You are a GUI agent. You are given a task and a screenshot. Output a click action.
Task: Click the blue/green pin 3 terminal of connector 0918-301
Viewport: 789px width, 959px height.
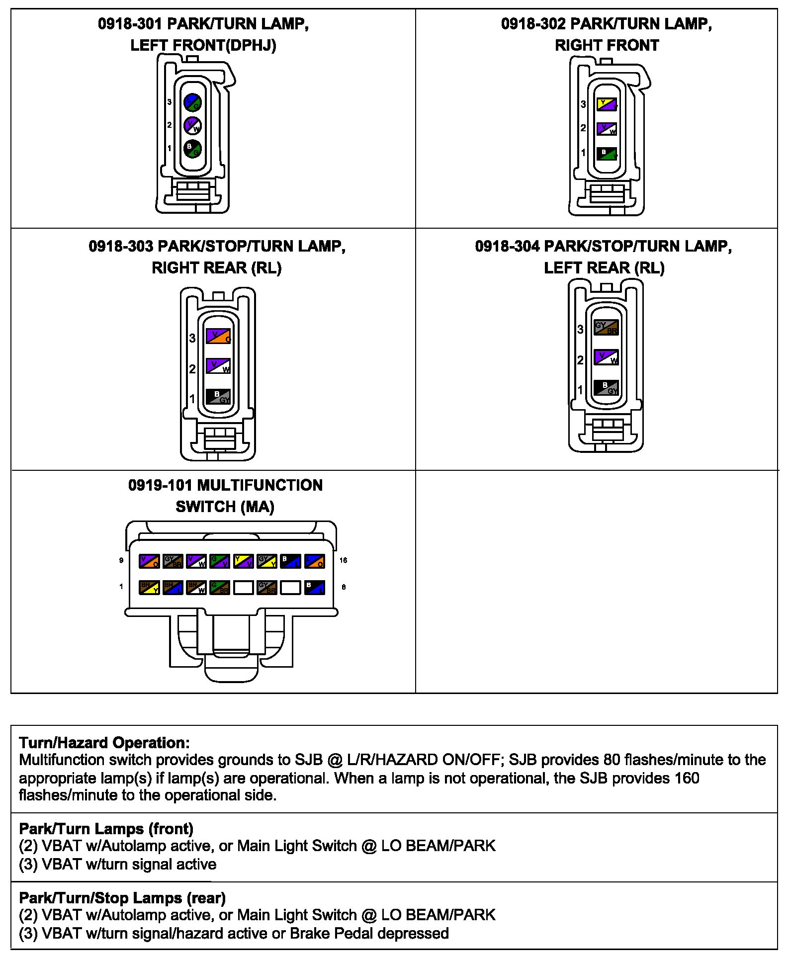192,102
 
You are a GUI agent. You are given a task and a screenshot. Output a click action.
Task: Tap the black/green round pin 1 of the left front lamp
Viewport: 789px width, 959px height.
192,148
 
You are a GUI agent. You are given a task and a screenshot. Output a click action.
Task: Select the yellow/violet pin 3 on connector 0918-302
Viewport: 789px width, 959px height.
607,104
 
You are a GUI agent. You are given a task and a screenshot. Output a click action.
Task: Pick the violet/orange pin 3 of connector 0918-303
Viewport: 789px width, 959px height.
218,336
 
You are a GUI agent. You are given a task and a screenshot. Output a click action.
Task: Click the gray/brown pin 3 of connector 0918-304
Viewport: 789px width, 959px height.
606,328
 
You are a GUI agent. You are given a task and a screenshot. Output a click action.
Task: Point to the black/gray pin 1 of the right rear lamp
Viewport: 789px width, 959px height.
218,396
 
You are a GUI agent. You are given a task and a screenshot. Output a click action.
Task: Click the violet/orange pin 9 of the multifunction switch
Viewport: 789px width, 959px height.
149,561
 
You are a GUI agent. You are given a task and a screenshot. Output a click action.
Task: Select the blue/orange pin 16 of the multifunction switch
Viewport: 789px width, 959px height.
314,561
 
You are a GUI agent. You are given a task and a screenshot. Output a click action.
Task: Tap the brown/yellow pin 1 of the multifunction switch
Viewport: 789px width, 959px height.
149,587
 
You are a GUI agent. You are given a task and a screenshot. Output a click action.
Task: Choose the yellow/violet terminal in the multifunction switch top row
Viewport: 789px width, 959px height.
244,561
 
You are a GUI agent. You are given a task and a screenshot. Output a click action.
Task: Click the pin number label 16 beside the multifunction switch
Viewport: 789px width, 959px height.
343,560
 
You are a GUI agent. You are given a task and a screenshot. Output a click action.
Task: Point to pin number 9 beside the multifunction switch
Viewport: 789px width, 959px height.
121,560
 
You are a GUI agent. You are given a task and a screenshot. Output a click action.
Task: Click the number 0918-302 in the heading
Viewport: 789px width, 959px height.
533,24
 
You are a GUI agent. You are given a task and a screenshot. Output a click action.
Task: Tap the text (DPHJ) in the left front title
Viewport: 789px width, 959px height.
251,46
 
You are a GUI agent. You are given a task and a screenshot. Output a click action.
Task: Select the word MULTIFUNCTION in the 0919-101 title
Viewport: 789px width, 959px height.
260,485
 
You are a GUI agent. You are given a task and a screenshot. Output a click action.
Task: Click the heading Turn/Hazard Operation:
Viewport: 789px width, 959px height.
104,743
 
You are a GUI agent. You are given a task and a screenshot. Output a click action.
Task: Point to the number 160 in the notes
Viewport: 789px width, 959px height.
687,778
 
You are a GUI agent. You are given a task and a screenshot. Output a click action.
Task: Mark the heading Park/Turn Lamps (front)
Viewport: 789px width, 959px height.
106,829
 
